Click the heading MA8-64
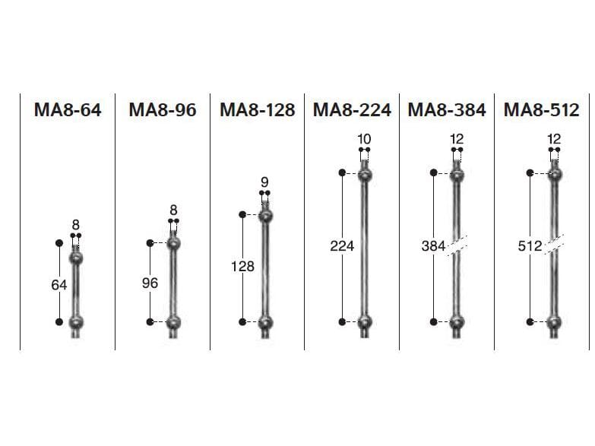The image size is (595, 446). coord(68,110)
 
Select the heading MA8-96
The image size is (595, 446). coord(163,110)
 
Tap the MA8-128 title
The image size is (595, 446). coord(258,110)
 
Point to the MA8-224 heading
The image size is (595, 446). coord(352,110)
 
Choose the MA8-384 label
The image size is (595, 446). coord(447,110)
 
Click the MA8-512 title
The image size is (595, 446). coord(542,110)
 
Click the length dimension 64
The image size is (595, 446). coord(59,285)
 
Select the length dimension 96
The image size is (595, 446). coord(150,283)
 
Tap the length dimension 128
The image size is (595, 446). coord(242,267)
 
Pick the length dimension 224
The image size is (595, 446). coord(342,246)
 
